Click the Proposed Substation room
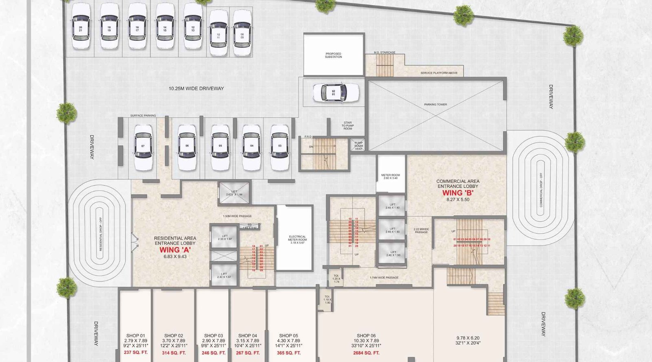click(x=333, y=55)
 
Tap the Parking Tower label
click(x=436, y=105)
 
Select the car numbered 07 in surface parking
click(x=143, y=146)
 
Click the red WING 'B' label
click(x=458, y=193)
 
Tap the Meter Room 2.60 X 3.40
click(x=390, y=176)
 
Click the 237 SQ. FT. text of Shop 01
click(x=136, y=353)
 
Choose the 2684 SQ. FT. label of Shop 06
click(x=366, y=353)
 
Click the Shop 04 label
click(x=247, y=336)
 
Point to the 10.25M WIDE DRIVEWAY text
click(x=196, y=88)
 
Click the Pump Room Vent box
click(x=358, y=145)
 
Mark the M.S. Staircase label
click(x=385, y=53)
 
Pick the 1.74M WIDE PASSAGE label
click(x=384, y=278)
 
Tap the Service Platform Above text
click(x=438, y=73)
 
